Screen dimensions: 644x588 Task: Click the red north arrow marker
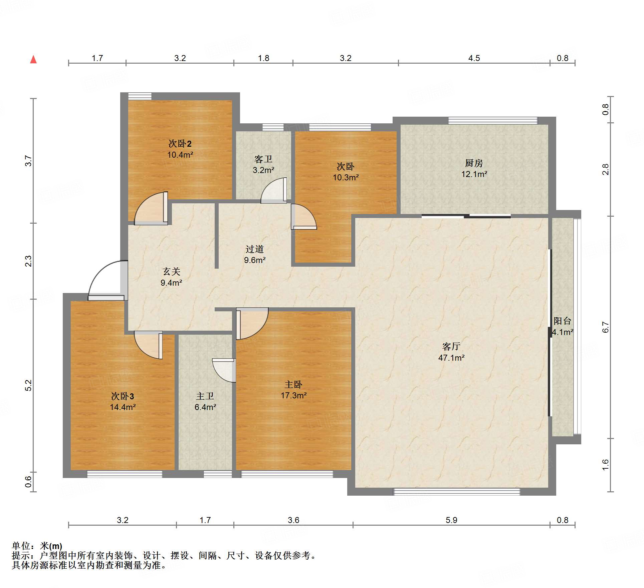[33, 60]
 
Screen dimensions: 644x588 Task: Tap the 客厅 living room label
[451, 347]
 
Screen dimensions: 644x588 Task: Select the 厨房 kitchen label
[474, 163]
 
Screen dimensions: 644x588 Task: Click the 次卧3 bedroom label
[123, 396]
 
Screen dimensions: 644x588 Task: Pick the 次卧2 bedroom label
[180, 144]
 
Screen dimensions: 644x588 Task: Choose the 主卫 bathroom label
[205, 396]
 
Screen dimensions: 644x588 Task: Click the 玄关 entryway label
[172, 272]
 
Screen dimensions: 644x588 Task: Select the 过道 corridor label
[255, 249]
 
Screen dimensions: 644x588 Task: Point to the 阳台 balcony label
[563, 321]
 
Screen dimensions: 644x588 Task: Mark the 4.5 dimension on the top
[474, 58]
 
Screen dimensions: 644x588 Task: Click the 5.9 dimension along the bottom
[451, 520]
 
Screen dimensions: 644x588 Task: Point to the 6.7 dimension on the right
[606, 327]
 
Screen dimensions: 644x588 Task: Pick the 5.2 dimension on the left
[29, 385]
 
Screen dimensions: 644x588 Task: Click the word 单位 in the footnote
[21, 546]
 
